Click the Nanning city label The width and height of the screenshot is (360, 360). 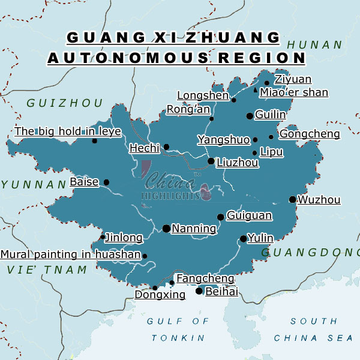tap(194, 229)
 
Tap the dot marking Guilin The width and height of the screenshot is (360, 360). tap(250, 116)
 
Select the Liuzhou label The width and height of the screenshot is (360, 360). tap(237, 163)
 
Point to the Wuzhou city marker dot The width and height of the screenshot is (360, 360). tap(292, 200)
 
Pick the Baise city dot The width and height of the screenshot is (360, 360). tap(106, 182)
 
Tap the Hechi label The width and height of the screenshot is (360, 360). tap(145, 148)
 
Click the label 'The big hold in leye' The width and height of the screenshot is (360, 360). tap(68, 131)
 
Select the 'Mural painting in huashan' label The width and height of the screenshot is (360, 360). tap(70, 254)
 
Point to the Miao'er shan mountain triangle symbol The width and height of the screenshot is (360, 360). tap(256, 91)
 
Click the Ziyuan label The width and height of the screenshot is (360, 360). tap(293, 80)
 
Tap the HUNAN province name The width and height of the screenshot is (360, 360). tap(314, 45)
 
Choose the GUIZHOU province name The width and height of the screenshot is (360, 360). tap(65, 103)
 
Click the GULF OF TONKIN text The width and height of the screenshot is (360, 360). tap(178, 329)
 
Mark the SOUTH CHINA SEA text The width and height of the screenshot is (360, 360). tap(313, 329)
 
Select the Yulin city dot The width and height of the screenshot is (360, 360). tap(243, 239)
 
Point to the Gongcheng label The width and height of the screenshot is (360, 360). tap(310, 134)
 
